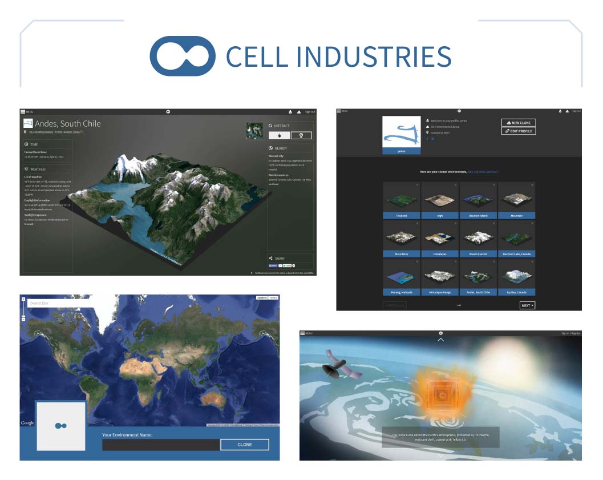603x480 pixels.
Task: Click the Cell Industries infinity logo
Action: pyautogui.click(x=183, y=57)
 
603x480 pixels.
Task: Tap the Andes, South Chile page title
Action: pyautogui.click(x=68, y=123)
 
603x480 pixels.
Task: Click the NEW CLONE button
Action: pyautogui.click(x=519, y=123)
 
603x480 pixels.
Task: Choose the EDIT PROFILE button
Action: pyautogui.click(x=519, y=131)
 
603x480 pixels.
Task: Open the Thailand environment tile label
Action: pyautogui.click(x=402, y=216)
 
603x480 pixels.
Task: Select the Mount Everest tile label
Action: pyautogui.click(x=477, y=254)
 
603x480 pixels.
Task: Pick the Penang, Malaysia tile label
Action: pyautogui.click(x=402, y=292)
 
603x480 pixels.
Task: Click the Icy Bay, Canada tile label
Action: pyautogui.click(x=516, y=292)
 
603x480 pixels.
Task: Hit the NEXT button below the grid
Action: pyautogui.click(x=527, y=305)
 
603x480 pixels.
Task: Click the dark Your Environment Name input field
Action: pyautogui.click(x=161, y=445)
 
